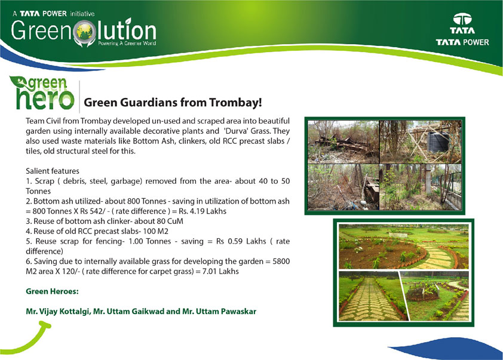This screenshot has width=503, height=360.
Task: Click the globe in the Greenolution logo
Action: (85, 32)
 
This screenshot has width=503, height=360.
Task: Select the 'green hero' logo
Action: (42, 93)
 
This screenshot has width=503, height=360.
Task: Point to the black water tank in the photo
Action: (438, 141)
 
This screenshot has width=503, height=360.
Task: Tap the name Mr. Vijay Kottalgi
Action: (58, 312)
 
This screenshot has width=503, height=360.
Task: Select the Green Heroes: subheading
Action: (53, 291)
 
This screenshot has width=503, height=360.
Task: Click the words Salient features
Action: (53, 171)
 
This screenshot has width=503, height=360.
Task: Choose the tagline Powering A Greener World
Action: (127, 43)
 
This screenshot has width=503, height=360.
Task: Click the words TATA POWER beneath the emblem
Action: (462, 42)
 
